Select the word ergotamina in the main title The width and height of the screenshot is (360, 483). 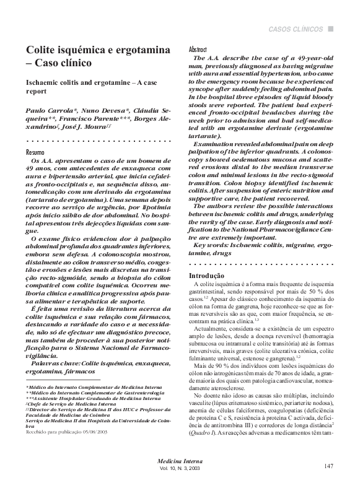point(135,50)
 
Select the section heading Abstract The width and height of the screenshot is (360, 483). point(198,49)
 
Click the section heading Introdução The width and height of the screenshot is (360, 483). point(206,274)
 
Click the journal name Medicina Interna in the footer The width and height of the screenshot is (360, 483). point(180,461)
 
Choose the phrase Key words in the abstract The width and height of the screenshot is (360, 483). point(214,245)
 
